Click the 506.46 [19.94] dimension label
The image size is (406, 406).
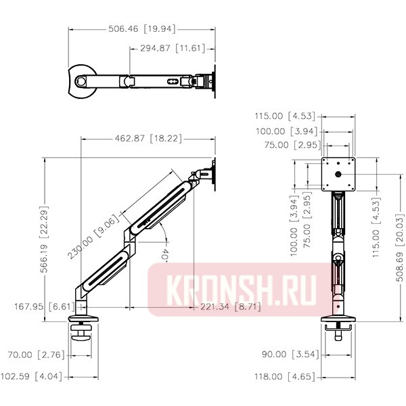coord(142,29)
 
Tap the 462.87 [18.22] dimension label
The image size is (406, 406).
coord(148,139)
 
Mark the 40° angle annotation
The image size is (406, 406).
coord(165,256)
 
